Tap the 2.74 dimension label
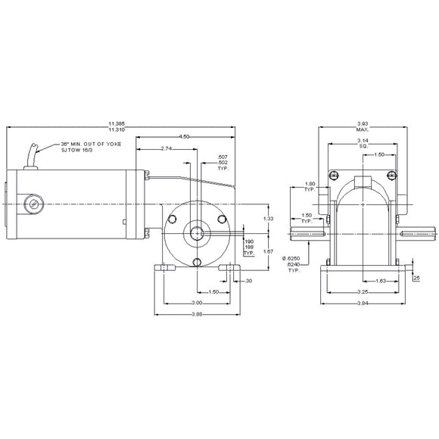[x=167, y=150]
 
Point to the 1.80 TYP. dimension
[x=309, y=185]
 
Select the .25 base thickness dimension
[x=416, y=279]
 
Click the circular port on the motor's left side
[x=32, y=206]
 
